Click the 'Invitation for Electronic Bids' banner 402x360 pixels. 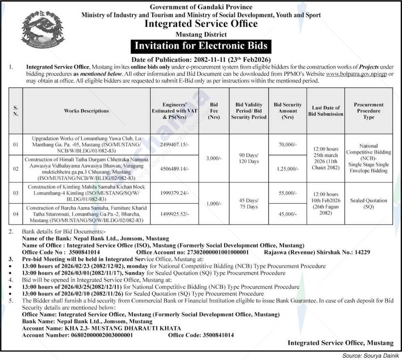(x=201, y=46)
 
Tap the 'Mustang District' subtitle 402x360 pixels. (x=201, y=34)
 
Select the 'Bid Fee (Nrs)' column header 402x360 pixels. (x=214, y=111)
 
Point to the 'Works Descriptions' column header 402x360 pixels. (x=86, y=111)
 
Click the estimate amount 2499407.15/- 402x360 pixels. (x=174, y=145)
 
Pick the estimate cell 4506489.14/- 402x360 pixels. (x=174, y=169)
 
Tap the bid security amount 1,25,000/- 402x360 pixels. (x=288, y=169)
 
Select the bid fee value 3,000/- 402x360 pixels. (x=214, y=158)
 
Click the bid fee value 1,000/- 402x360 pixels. (x=214, y=203)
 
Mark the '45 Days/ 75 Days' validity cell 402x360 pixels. (x=249, y=203)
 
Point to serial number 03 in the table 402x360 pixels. (x=16, y=193)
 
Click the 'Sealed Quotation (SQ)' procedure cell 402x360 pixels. (x=368, y=203)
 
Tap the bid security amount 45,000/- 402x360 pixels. (x=288, y=214)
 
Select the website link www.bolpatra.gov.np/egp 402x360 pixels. (x=356, y=74)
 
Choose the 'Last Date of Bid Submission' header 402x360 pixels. (x=326, y=111)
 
